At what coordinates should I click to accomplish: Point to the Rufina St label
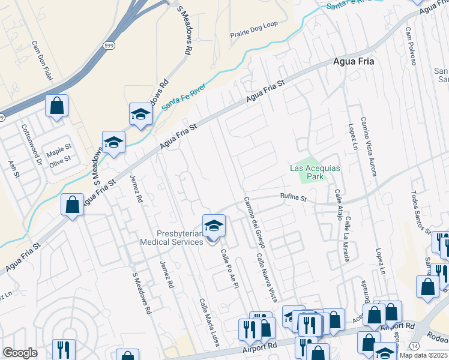click(294, 196)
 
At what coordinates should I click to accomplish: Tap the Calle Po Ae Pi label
click(230, 269)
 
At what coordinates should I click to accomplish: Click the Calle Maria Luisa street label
click(209, 322)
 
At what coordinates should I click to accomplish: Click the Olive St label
click(60, 159)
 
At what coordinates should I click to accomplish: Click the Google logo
click(20, 352)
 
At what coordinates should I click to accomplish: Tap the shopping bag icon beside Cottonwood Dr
click(56, 106)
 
